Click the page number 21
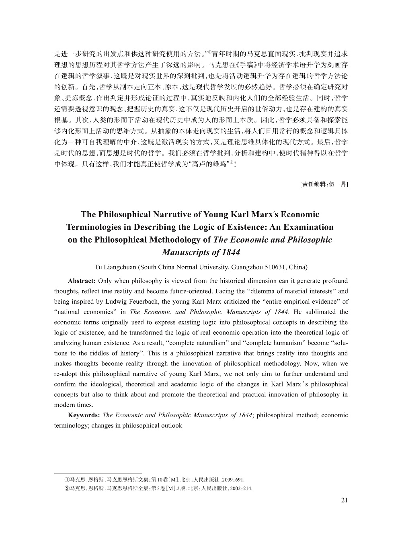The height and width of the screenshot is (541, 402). click(x=344, y=500)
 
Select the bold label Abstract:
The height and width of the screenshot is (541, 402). click(x=82, y=281)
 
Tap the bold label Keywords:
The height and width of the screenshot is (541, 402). click(x=84, y=415)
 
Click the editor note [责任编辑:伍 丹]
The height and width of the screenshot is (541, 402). click(x=324, y=184)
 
